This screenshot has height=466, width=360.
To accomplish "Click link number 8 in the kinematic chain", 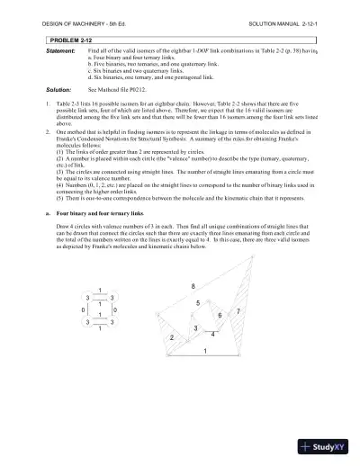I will (x=193, y=286).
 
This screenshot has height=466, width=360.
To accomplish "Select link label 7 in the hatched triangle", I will (x=238, y=310).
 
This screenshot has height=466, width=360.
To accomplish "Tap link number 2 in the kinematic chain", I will (x=171, y=337).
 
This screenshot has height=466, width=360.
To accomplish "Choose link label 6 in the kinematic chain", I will (x=220, y=316).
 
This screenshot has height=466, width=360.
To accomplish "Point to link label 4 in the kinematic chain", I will (x=212, y=335).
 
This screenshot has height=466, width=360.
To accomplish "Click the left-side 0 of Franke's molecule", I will (x=82, y=310).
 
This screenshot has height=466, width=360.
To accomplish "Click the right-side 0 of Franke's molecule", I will (x=115, y=310).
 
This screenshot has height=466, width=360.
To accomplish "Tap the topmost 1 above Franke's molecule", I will (x=99, y=289).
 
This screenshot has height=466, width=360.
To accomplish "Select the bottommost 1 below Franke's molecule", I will (x=99, y=330).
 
